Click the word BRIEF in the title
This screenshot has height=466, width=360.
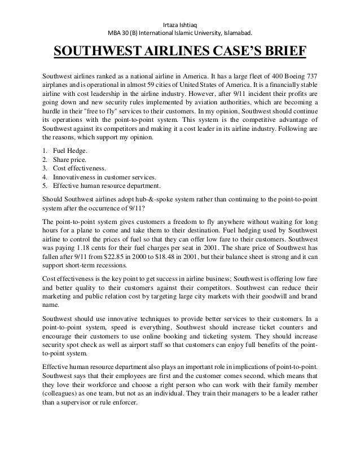(x=276, y=52)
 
